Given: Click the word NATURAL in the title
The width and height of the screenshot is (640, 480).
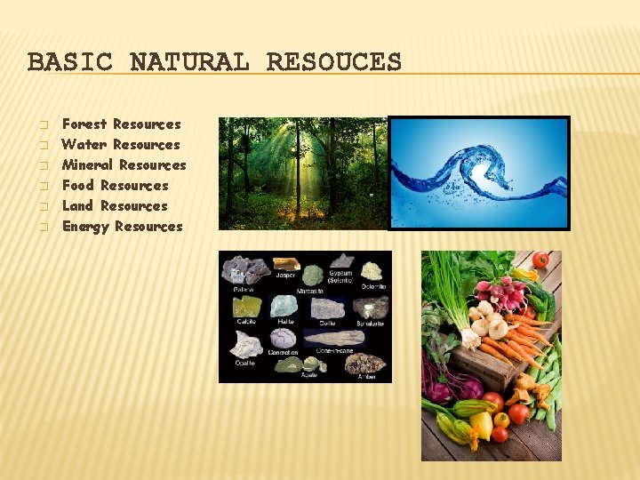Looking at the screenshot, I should (x=189, y=62).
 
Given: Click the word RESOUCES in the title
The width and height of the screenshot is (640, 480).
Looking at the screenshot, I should (x=333, y=62).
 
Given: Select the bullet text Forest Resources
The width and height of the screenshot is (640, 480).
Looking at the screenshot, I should (x=121, y=124).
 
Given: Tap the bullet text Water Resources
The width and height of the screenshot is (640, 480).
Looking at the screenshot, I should (x=121, y=145).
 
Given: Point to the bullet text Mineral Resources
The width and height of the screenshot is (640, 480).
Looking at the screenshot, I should (x=124, y=165).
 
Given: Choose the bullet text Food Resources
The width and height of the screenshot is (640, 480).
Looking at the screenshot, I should (x=115, y=186).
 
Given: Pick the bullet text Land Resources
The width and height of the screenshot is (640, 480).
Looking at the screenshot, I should (x=115, y=206).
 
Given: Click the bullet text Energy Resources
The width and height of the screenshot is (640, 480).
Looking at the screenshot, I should (x=122, y=227).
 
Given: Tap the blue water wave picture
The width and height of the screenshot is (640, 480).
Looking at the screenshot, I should (x=479, y=173).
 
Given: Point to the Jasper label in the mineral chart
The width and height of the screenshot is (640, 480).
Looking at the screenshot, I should (x=285, y=276).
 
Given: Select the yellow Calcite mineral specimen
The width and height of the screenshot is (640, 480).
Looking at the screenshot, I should (x=246, y=307).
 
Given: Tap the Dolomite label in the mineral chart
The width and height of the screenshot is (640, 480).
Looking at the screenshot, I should (x=373, y=286).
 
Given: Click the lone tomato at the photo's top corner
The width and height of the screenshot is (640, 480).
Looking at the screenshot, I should (x=540, y=260).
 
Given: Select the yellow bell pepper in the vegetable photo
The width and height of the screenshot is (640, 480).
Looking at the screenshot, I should (x=482, y=427).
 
